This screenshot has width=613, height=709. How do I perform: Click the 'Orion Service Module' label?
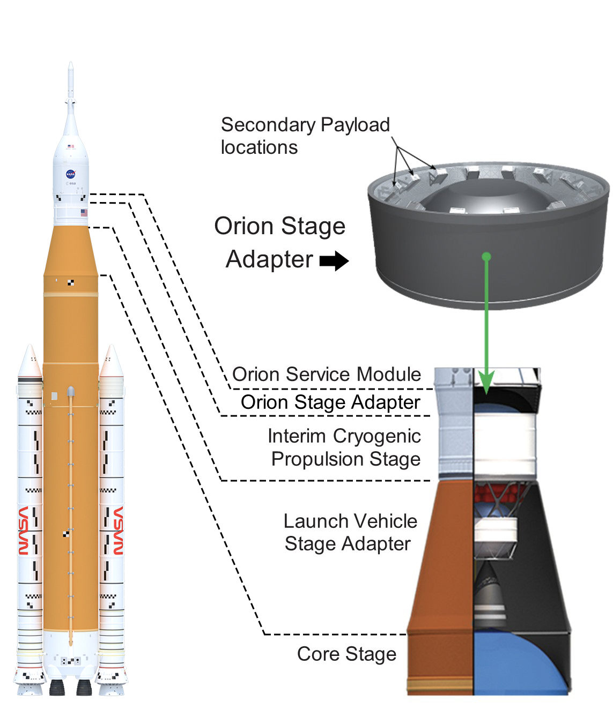[326, 374]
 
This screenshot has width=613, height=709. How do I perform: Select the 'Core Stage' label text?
[346, 654]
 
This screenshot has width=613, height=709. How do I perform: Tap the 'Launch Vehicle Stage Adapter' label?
[350, 532]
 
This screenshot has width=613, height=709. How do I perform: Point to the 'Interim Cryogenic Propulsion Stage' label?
[344, 447]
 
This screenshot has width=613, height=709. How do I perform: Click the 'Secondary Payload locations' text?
[305, 136]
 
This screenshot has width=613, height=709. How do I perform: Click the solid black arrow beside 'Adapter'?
[334, 261]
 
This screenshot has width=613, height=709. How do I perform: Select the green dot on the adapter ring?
[486, 257]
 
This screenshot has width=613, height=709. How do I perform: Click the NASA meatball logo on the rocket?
[70, 174]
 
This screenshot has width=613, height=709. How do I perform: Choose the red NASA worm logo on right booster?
[118, 531]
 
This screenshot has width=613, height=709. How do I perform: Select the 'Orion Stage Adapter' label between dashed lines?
[330, 402]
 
